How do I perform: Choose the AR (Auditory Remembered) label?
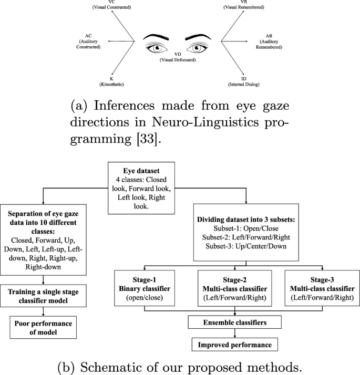[268, 41]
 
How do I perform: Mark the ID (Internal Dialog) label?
[244, 80]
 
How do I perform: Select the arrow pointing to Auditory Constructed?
[120, 40]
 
